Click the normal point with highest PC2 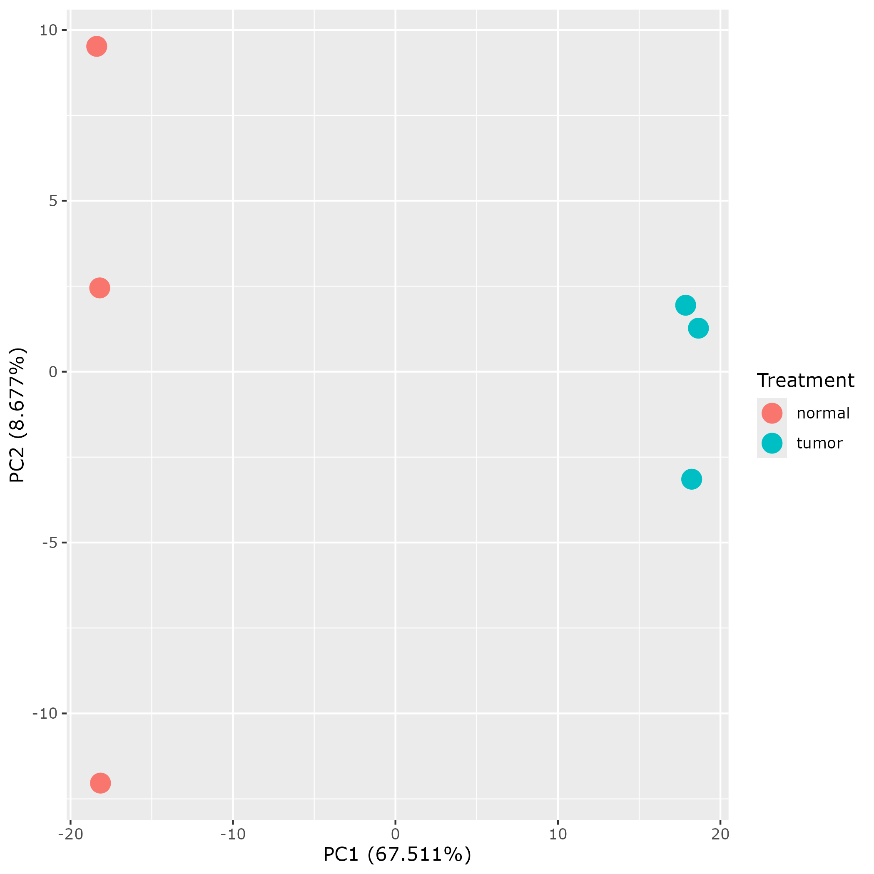(96, 46)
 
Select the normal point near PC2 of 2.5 (100, 288)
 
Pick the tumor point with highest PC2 (685, 305)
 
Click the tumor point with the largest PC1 (698, 328)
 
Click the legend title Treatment (805, 381)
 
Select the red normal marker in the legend (772, 413)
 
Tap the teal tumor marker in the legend (772, 443)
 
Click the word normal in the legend (823, 413)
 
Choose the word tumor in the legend (819, 443)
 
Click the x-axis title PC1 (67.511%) (397, 854)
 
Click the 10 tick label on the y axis (48, 30)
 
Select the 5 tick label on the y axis (53, 201)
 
